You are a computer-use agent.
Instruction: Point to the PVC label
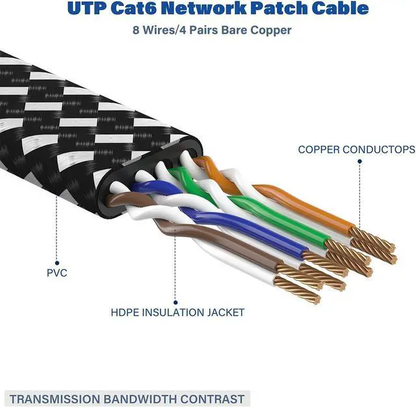(57, 273)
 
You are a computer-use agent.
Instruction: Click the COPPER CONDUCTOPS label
(356, 150)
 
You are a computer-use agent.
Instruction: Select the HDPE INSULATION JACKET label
(177, 313)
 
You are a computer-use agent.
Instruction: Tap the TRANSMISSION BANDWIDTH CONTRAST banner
(127, 399)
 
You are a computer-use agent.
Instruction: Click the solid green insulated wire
(279, 221)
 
